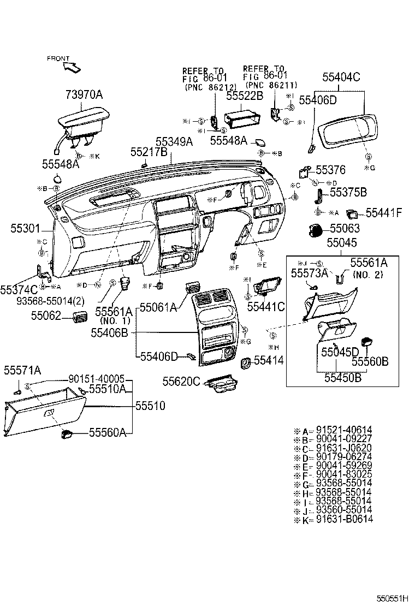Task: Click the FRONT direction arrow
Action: click(x=72, y=68)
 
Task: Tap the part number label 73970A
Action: click(x=84, y=96)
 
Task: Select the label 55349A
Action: click(x=174, y=142)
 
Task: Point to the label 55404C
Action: click(x=341, y=78)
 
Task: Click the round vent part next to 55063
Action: click(x=315, y=230)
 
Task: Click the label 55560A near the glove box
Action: click(x=108, y=433)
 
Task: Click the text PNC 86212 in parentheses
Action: click(x=210, y=87)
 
